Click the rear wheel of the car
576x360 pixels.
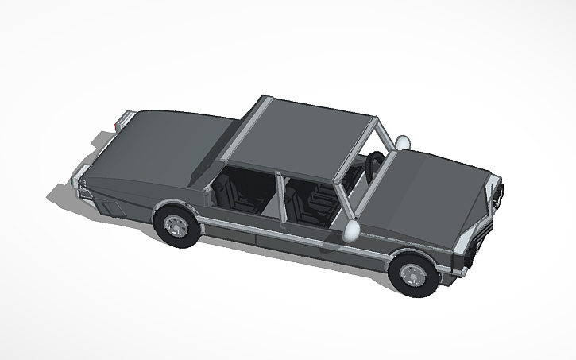click(x=175, y=226)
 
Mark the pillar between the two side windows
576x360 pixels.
click(x=280, y=199)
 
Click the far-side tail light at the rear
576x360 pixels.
click(x=122, y=122)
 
